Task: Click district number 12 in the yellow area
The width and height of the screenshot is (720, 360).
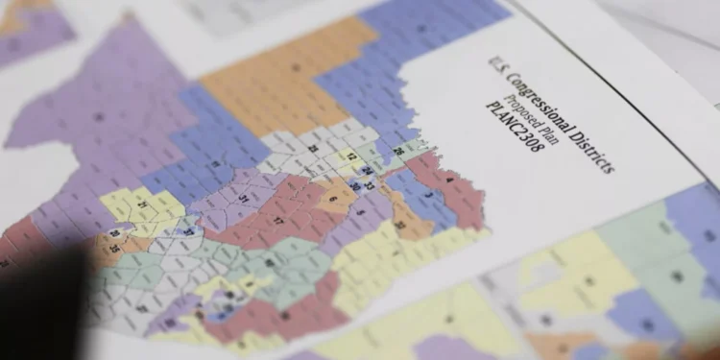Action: click(x=351, y=156)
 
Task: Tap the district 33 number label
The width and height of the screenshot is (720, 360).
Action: click(x=370, y=185)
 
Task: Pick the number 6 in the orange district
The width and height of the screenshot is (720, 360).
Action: click(x=333, y=199)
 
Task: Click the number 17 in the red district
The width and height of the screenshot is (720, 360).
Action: click(x=278, y=220)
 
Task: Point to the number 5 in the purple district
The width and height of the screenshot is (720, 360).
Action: click(x=361, y=212)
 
